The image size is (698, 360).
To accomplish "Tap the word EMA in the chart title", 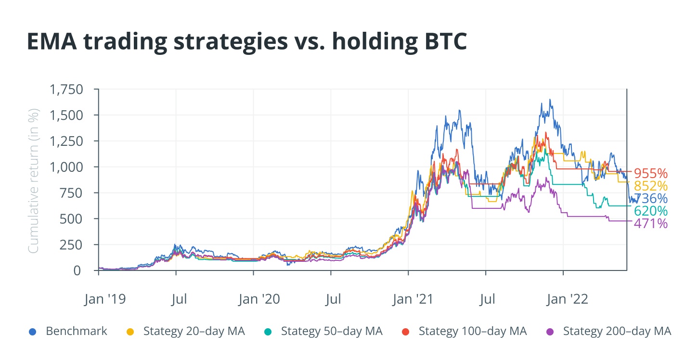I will click(52, 42).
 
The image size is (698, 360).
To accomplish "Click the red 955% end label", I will click(650, 173).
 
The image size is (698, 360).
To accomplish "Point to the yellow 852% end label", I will click(650, 186).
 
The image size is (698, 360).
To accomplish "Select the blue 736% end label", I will click(650, 198).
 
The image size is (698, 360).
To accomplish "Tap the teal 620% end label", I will click(650, 211).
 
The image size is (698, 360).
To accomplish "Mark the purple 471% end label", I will click(650, 223).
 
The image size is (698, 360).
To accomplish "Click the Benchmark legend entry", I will click(76, 331).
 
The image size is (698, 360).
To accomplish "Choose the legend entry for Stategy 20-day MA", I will click(194, 331).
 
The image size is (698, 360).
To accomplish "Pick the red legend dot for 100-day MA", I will click(406, 332).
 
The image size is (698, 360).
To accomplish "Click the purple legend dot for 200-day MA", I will click(549, 332).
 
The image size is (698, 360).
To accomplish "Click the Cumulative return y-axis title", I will click(33, 180).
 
